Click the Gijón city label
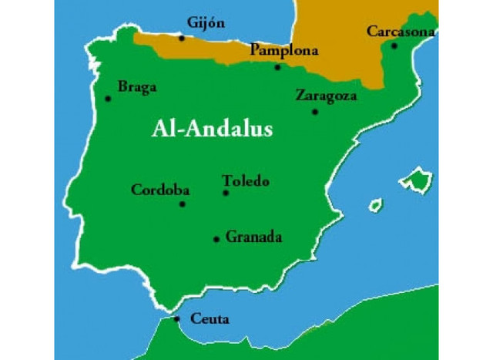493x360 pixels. click(x=206, y=22)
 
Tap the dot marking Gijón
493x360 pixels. click(x=182, y=37)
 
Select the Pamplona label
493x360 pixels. click(x=284, y=51)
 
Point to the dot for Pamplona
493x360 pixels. click(x=278, y=67)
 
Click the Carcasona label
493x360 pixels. click(x=401, y=32)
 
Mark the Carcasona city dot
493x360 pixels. click(x=394, y=45)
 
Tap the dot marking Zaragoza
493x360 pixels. click(x=314, y=112)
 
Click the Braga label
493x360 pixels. click(x=137, y=87)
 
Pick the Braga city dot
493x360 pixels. click(x=107, y=98)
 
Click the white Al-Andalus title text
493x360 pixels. click(x=212, y=129)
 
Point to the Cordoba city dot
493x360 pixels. click(x=183, y=204)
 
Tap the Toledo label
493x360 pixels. click(x=246, y=181)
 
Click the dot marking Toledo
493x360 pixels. click(x=226, y=193)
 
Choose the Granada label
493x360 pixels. click(x=253, y=237)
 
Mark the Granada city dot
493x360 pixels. click(x=216, y=239)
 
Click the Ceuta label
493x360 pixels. click(x=209, y=318)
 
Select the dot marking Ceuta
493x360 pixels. click(x=176, y=318)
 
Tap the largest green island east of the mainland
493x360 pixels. click(x=418, y=180)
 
